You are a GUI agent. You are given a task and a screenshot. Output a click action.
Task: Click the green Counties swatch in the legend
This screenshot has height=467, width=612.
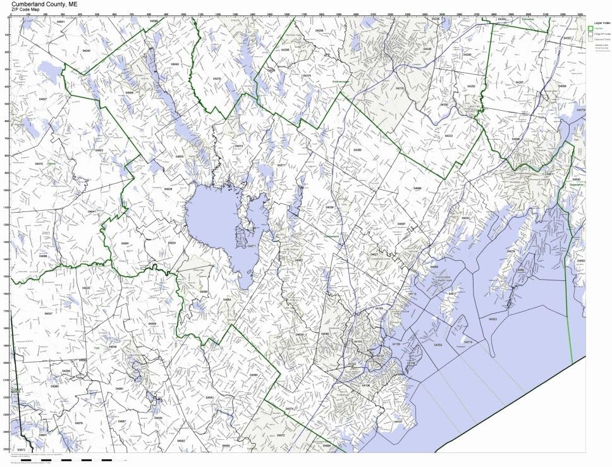(x=590, y=28)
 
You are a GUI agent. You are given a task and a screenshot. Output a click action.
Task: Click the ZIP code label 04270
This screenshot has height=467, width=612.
(x=217, y=78)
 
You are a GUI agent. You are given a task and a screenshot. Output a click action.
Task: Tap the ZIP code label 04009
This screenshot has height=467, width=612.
(x=130, y=93)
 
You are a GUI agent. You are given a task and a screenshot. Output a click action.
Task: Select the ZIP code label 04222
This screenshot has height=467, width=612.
(x=448, y=136)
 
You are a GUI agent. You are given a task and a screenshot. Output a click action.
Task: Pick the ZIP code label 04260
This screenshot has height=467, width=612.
(x=358, y=150)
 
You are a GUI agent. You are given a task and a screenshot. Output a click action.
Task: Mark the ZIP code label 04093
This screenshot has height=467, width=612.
(x=254, y=375)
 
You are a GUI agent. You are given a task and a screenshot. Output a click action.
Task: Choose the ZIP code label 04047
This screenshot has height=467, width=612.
(x=48, y=313)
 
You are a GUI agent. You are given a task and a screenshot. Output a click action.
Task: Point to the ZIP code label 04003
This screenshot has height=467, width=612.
(x=493, y=320)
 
